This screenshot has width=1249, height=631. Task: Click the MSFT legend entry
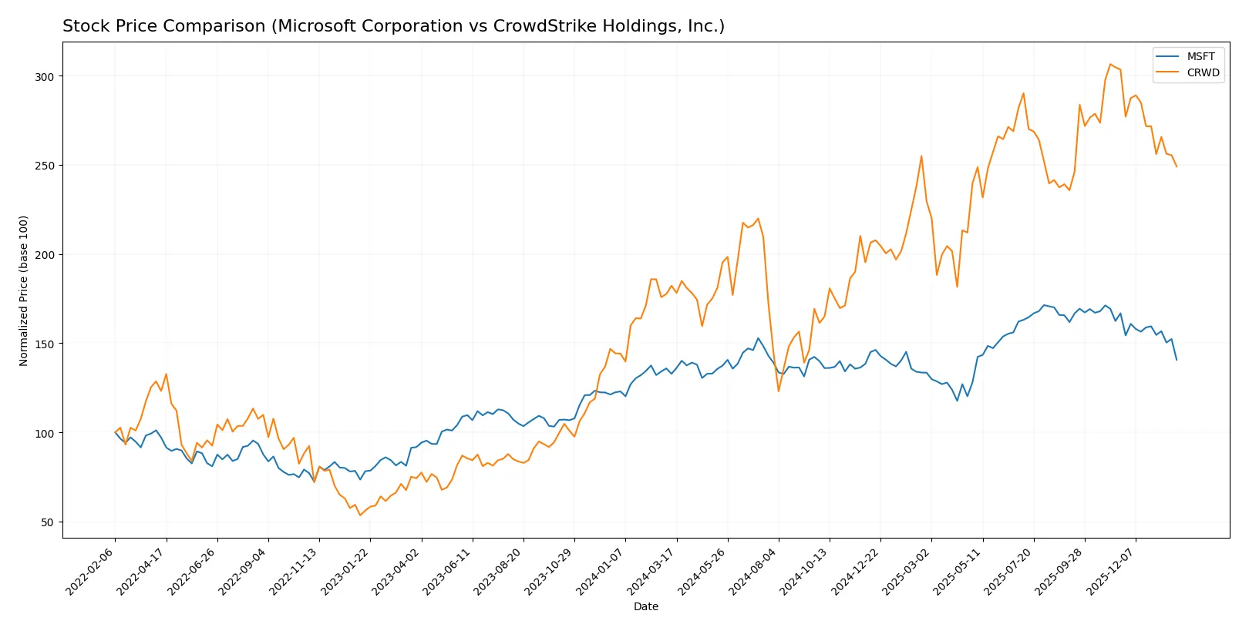(1200, 56)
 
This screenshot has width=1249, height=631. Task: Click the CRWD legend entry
(1202, 72)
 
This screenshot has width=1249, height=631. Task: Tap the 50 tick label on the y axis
(46, 522)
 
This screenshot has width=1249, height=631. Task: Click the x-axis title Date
(645, 606)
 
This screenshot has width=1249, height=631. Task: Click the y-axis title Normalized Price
(23, 290)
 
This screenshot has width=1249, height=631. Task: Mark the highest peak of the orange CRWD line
(1110, 65)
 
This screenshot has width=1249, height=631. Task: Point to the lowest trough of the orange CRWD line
(360, 515)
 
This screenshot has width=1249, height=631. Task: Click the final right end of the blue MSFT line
(1177, 360)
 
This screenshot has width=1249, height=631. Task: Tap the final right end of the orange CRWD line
(1177, 166)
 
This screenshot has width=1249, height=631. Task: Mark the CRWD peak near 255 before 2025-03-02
(921, 156)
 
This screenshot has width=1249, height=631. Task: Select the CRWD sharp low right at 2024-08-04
(779, 391)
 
